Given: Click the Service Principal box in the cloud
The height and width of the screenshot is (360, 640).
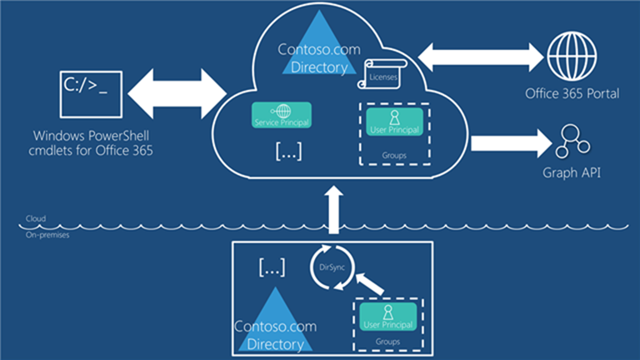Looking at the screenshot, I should (281, 115).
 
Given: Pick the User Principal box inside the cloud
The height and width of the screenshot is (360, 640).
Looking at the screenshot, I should (394, 122).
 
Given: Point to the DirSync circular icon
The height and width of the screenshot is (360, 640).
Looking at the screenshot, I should (332, 266).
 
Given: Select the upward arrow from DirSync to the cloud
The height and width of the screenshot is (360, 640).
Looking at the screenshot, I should (333, 209).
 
